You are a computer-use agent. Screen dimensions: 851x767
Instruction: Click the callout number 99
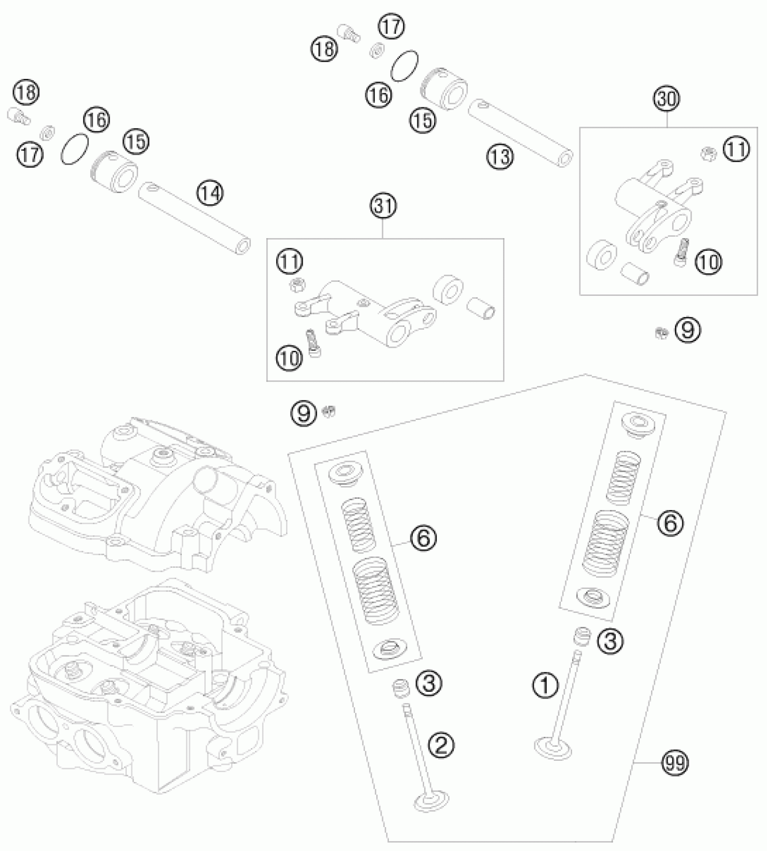(675, 764)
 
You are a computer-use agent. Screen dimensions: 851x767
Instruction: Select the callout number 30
(667, 99)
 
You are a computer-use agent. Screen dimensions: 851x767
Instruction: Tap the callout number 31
(383, 206)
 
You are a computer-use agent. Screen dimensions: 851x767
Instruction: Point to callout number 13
(500, 157)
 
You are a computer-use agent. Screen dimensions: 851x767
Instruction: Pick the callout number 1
(545, 686)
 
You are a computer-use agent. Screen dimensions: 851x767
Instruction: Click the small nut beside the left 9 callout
(330, 411)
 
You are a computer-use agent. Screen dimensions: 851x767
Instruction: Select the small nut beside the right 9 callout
(661, 333)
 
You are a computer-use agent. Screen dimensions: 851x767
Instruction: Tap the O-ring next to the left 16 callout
(74, 149)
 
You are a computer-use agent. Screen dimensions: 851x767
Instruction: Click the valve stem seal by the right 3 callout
(582, 638)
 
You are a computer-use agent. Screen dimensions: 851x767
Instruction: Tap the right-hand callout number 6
(670, 523)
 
